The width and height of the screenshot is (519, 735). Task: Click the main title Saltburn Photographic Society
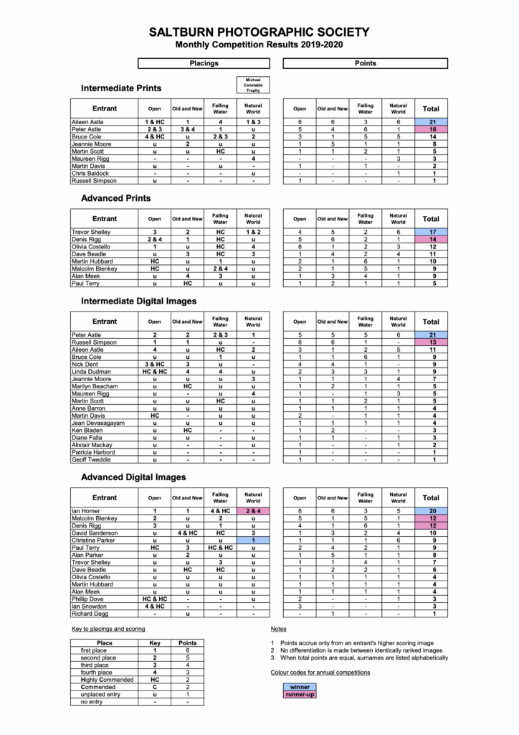tap(259, 32)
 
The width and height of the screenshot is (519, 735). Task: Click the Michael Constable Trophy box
tap(253, 85)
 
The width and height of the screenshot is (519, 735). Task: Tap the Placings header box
tap(204, 63)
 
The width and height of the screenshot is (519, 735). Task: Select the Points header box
tap(366, 63)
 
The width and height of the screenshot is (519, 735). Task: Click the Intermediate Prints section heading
tap(121, 88)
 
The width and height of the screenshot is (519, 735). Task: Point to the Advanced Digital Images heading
tap(133, 477)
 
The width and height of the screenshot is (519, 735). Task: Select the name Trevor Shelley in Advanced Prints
tap(91, 232)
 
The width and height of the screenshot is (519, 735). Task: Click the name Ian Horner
tap(86, 511)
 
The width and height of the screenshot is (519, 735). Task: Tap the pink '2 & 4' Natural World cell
tap(253, 511)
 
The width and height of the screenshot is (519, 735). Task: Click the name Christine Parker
tap(93, 539)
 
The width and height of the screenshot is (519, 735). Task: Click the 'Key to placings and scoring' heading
tap(109, 629)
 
